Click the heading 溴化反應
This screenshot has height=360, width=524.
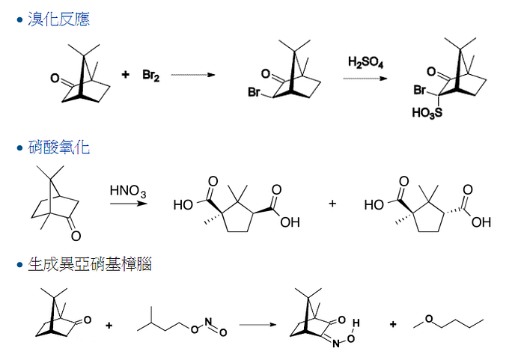point(58,19)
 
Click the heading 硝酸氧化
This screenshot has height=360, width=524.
point(58,147)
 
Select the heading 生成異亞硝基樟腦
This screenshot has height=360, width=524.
point(89,264)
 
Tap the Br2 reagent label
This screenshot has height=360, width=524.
point(152,75)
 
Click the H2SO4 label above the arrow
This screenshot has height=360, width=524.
point(365,62)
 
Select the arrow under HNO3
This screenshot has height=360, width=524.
point(127,201)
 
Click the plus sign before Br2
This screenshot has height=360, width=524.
point(125,74)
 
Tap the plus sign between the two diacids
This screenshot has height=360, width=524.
point(333,204)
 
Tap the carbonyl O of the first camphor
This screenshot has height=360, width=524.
point(55,77)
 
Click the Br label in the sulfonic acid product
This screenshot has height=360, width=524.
point(420,91)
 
